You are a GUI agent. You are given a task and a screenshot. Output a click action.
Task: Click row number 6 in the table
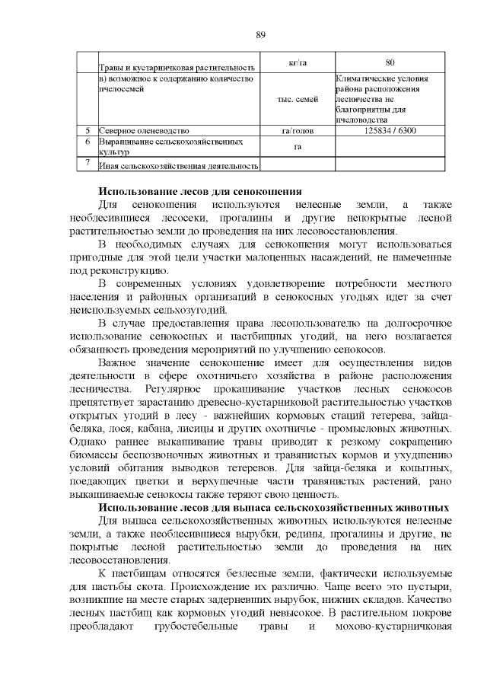(x=88, y=142)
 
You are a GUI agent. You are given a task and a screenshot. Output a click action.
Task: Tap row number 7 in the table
(x=88, y=162)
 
